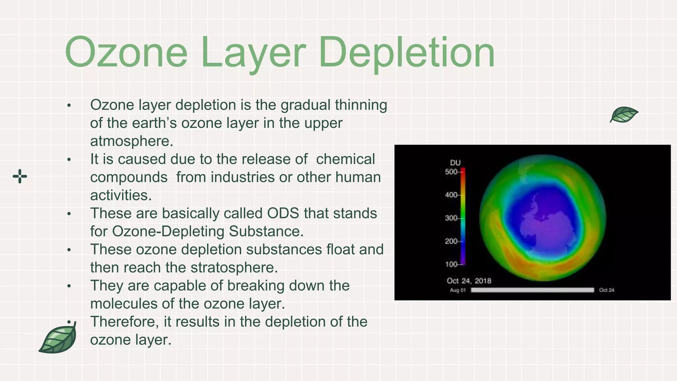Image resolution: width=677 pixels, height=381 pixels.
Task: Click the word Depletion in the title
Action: [407, 53]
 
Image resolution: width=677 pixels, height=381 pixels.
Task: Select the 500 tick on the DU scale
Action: [452, 172]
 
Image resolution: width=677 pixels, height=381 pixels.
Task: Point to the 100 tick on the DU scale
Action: [452, 264]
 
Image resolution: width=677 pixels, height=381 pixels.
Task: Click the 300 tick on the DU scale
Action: [452, 218]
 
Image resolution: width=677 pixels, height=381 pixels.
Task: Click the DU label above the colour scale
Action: [455, 162]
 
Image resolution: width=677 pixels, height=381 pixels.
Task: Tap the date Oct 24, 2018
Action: [469, 281]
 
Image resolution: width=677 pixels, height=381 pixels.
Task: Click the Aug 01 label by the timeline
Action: [458, 290]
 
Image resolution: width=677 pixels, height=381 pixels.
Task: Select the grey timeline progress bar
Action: [532, 290]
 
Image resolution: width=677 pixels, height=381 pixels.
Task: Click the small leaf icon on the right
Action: [624, 114]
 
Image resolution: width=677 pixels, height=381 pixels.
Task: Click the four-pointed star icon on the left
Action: [20, 176]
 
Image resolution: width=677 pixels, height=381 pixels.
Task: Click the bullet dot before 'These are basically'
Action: [69, 214]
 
